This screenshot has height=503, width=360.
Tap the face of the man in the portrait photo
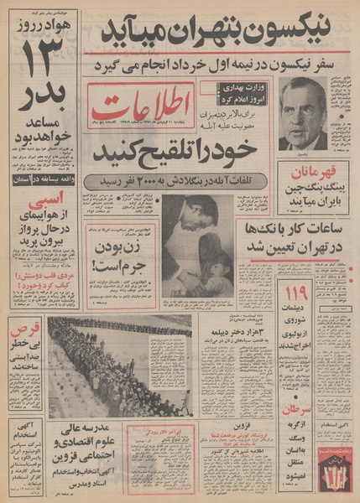[303, 112]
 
